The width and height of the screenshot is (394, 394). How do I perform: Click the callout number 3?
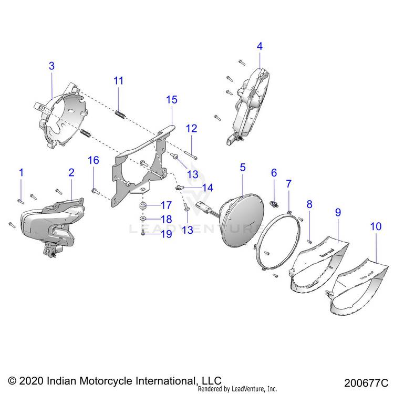tap(51, 66)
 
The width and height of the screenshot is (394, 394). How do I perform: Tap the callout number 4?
tap(259, 46)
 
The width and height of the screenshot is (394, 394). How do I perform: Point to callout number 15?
tap(172, 99)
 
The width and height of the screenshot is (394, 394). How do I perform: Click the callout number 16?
tap(93, 160)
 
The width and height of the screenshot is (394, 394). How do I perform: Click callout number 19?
tap(166, 234)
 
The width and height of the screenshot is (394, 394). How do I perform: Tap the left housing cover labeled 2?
tap(50, 221)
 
